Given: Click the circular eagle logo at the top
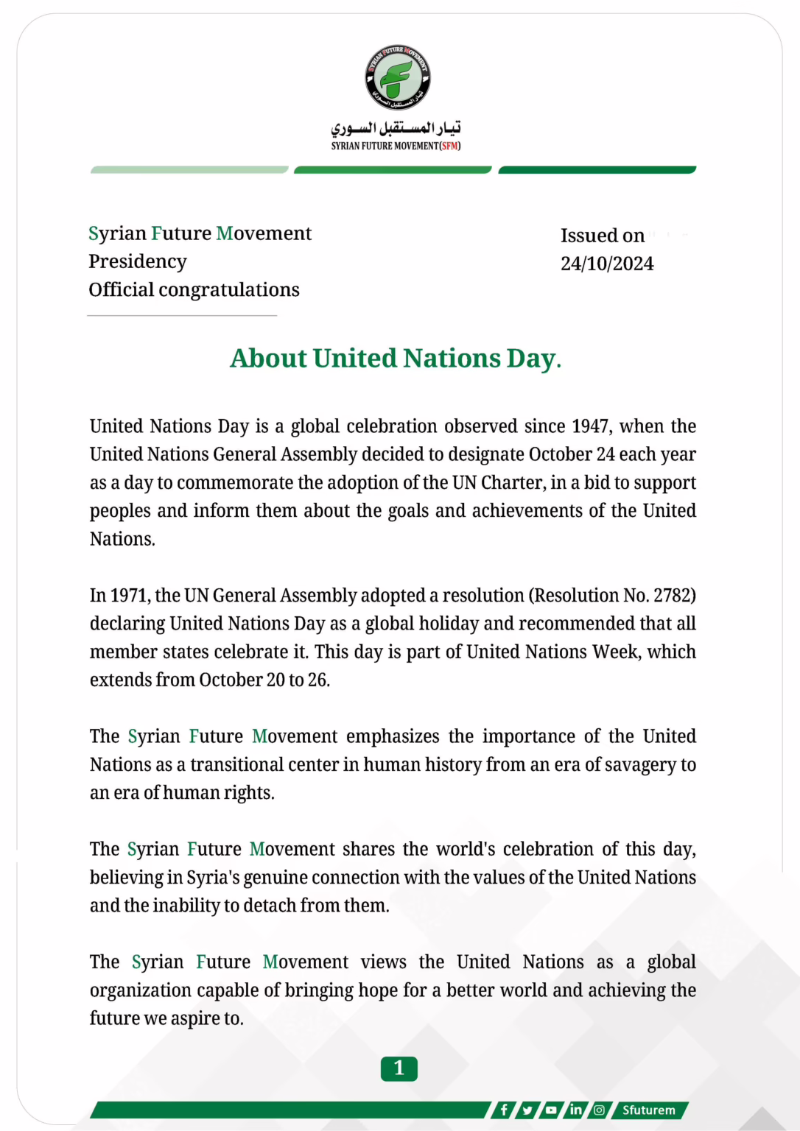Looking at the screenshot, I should (x=398, y=77).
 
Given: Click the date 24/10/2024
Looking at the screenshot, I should (x=607, y=264).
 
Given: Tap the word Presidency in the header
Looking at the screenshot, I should (x=138, y=261).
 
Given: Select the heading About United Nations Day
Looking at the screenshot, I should (x=396, y=358).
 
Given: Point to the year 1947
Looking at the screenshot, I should (x=589, y=426).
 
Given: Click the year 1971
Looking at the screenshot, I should (x=129, y=595).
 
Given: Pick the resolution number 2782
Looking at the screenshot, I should (x=672, y=595).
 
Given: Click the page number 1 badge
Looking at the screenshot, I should (x=399, y=1068).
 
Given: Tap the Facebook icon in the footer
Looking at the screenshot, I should (x=504, y=1110).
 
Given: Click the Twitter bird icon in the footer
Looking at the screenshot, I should (x=527, y=1110).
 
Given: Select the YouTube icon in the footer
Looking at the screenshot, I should (x=551, y=1110).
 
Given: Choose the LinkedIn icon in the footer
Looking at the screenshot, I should (x=575, y=1110).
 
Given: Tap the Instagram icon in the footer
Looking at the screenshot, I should (x=599, y=1110).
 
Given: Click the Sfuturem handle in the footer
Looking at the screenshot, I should (x=648, y=1110).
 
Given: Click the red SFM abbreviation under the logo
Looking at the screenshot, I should (x=449, y=146).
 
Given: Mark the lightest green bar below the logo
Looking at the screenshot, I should (x=189, y=170).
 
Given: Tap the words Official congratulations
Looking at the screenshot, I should (x=194, y=289).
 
